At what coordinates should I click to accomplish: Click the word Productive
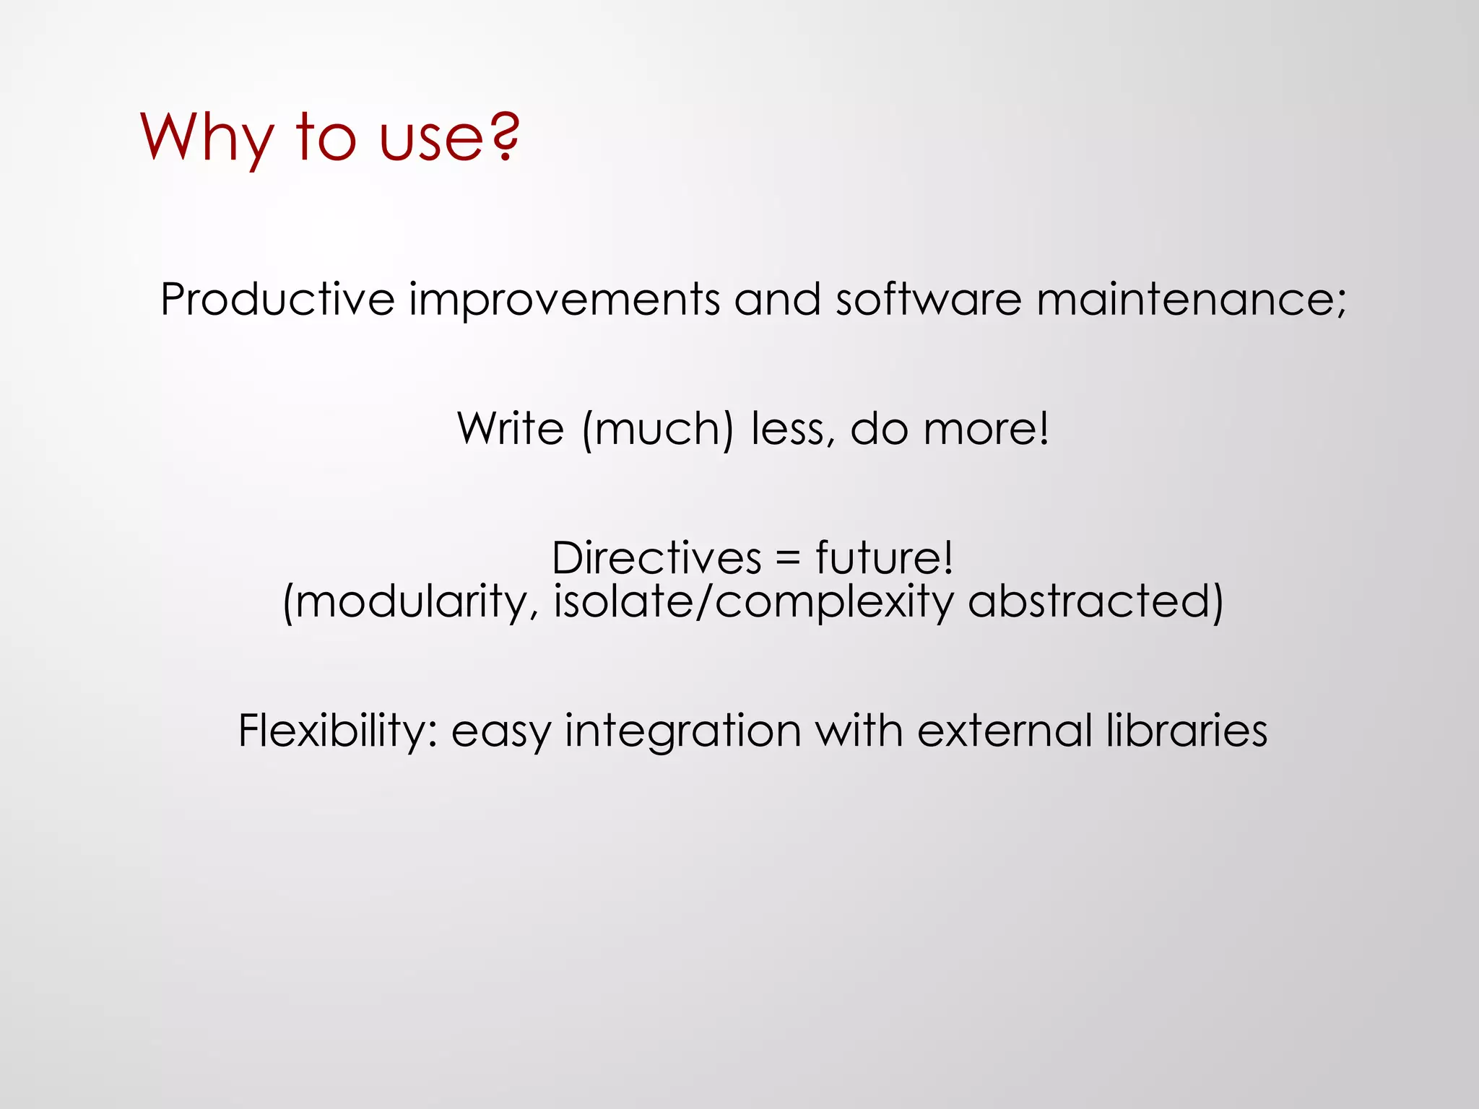point(277,299)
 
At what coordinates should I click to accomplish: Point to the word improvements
point(564,299)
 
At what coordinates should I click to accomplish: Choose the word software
point(928,299)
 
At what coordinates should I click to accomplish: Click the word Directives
point(656,558)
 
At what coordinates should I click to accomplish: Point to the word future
point(884,558)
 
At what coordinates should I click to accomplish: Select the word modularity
point(412,601)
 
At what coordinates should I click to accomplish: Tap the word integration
point(682,731)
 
